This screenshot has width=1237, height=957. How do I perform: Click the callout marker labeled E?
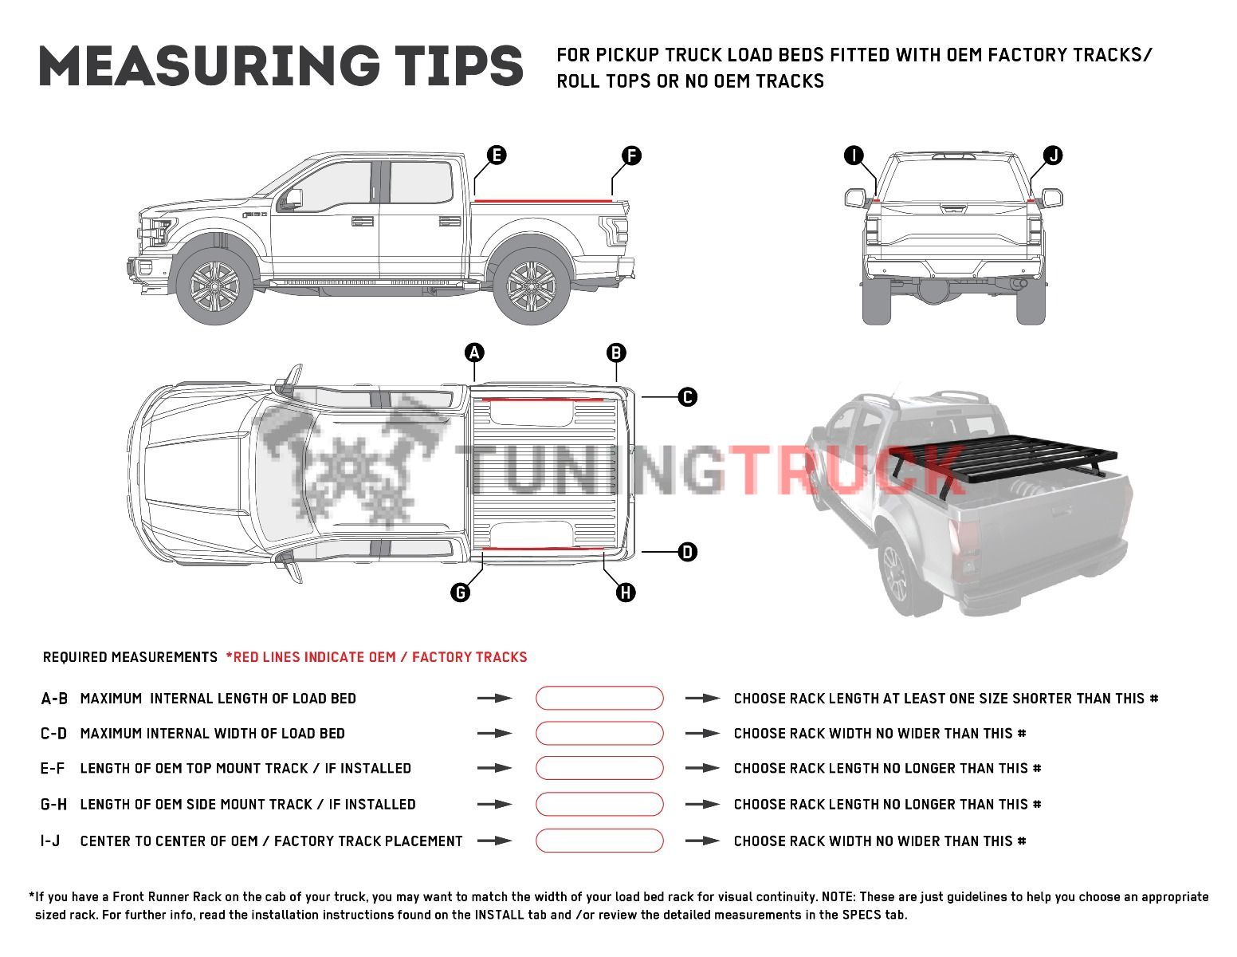coord(496,155)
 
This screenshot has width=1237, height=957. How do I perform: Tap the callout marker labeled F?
coord(630,156)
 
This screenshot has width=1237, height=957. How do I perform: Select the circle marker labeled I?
coord(854,156)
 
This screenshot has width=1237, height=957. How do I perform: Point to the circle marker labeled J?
coord(1053,156)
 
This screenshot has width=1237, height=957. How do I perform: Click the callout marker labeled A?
coord(474,352)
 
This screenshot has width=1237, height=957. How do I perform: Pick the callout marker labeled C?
coord(687,396)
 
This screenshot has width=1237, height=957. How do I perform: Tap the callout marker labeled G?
coord(460,592)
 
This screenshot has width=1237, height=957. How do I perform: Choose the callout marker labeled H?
coord(626,592)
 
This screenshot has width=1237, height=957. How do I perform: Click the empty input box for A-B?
coord(599,698)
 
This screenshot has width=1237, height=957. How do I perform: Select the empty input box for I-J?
coord(599,841)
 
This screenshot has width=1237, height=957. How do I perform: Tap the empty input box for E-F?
coord(599,768)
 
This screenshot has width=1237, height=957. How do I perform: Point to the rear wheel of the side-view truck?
coord(531,286)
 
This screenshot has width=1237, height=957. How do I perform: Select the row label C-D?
coord(54,734)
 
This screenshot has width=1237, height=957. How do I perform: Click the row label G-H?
coord(54,805)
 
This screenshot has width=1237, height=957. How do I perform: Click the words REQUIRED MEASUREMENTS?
coord(130,657)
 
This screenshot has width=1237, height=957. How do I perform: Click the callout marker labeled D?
coord(687,551)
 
